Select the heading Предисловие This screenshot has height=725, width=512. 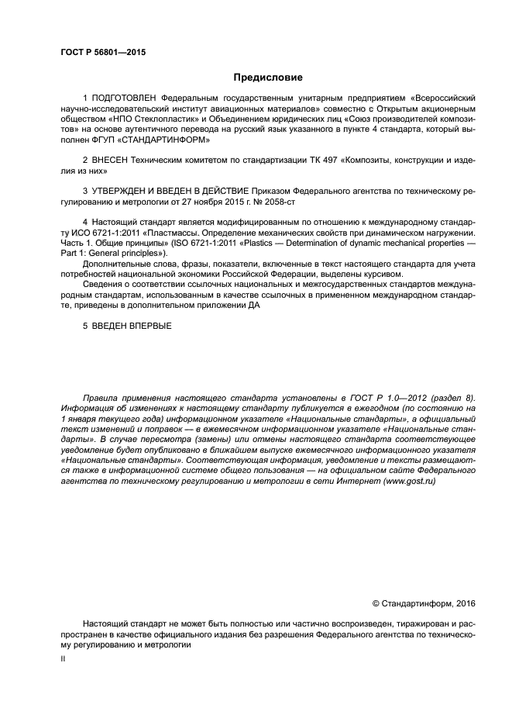pos(268,78)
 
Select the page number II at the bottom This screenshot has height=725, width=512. pos(64,658)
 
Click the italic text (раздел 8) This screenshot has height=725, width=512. pos(450,399)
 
